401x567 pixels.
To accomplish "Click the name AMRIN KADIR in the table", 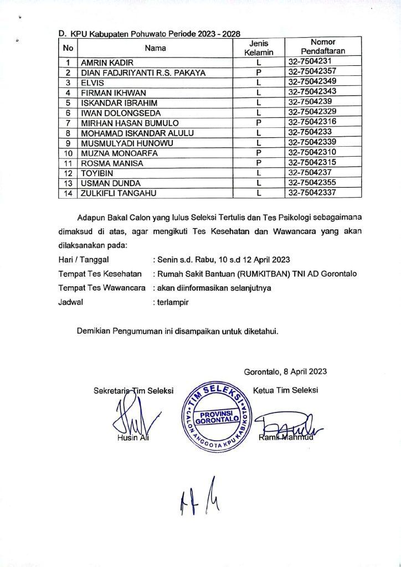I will (x=104, y=63).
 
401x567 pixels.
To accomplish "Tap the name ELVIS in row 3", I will (x=91, y=82).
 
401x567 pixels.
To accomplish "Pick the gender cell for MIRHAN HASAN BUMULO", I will (x=259, y=122).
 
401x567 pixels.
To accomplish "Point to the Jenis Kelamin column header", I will (x=259, y=48).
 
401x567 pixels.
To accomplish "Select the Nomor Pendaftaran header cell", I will (x=323, y=48).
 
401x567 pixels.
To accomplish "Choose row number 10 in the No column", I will (x=69, y=152).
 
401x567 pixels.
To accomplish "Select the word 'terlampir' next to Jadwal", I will (x=175, y=303).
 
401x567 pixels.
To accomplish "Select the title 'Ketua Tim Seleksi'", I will (x=285, y=390).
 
